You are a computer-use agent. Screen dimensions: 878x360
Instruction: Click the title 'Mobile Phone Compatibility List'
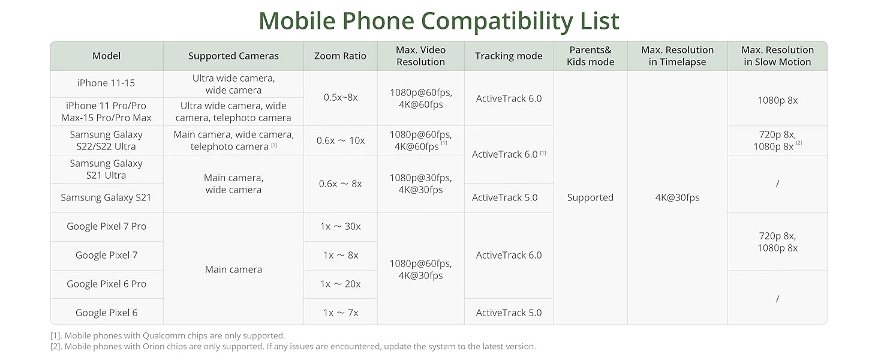[x=438, y=21]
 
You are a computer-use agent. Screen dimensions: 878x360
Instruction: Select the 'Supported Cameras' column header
[x=233, y=56]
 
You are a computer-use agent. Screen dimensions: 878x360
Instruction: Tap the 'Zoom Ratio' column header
[x=340, y=56]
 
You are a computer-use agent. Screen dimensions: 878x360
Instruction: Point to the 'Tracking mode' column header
[x=509, y=56]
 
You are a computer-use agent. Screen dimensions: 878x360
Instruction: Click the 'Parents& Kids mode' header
[x=590, y=56]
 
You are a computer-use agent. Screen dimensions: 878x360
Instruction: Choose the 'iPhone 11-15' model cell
[x=106, y=83]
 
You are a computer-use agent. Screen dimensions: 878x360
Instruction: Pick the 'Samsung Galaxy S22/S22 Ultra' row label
[x=106, y=140]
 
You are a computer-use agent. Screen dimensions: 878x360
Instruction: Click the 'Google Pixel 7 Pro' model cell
[x=106, y=226]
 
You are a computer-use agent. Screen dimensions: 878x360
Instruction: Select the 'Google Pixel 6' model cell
[x=106, y=313]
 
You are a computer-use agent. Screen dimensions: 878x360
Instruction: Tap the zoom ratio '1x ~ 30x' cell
[x=340, y=226]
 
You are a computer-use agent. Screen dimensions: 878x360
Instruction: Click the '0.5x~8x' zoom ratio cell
[x=341, y=97]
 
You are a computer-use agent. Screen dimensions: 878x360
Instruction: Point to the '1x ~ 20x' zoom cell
[x=340, y=284]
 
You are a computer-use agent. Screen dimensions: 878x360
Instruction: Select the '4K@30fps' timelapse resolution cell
[x=677, y=197]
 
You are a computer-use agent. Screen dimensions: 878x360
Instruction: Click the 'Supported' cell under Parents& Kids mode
[x=590, y=197]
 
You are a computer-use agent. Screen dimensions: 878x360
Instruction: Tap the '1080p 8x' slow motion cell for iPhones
[x=778, y=100]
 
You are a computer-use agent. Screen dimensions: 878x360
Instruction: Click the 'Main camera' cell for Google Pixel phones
[x=233, y=269]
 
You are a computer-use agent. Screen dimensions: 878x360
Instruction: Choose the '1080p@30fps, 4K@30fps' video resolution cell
[x=420, y=184]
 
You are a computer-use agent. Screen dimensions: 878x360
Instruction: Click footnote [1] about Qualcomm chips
[x=167, y=335]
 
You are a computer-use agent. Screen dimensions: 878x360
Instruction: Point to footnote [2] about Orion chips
[x=293, y=347]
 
